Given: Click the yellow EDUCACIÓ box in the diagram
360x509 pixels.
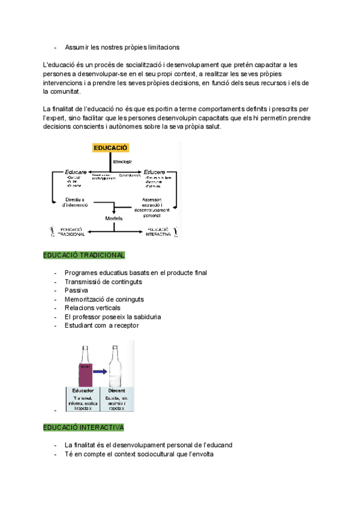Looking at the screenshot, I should click(x=110, y=148).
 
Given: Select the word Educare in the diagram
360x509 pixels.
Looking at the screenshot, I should click(x=76, y=172).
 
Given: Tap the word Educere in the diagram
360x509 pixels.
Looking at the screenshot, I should click(x=155, y=172).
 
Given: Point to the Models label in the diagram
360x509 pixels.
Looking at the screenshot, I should click(x=114, y=218).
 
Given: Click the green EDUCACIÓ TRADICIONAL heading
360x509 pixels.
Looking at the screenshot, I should click(x=84, y=255).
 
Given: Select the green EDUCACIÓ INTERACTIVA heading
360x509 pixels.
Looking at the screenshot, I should click(x=83, y=428).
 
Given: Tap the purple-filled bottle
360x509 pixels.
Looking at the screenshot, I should click(x=83, y=369).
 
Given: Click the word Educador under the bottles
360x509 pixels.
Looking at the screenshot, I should click(x=83, y=391).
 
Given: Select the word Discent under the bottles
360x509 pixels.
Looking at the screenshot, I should click(x=116, y=391).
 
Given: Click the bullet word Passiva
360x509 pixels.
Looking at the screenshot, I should click(x=76, y=291).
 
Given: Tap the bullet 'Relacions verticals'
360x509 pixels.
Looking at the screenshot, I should click(x=92, y=308).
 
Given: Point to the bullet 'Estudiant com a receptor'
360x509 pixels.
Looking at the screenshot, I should click(x=101, y=325).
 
